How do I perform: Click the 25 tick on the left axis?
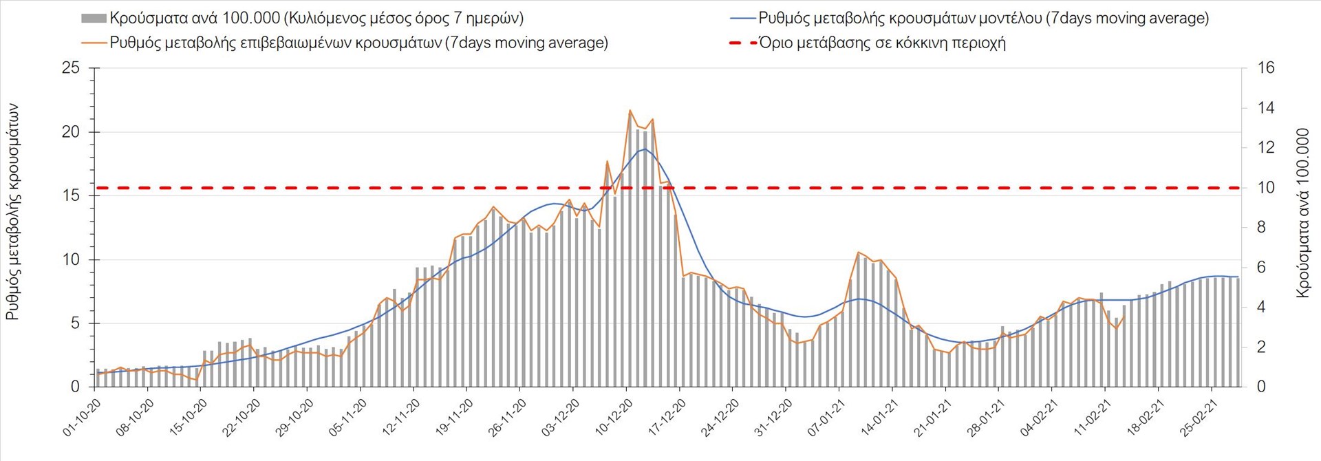(71, 68)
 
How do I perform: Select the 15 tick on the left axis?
(71, 196)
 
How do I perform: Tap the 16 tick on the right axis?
(1266, 68)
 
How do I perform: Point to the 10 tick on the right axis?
(1266, 188)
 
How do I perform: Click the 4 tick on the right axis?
(1261, 308)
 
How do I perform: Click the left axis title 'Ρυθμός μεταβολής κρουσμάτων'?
(12, 212)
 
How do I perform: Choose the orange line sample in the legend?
(94, 43)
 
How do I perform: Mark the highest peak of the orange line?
(630, 110)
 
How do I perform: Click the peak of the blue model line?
(645, 149)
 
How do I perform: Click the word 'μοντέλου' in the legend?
(1011, 19)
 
